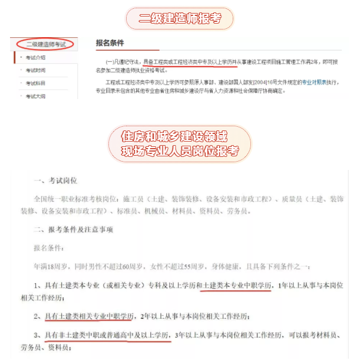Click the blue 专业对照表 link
click(x=303, y=83)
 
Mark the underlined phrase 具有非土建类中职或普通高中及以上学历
click(x=108, y=335)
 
